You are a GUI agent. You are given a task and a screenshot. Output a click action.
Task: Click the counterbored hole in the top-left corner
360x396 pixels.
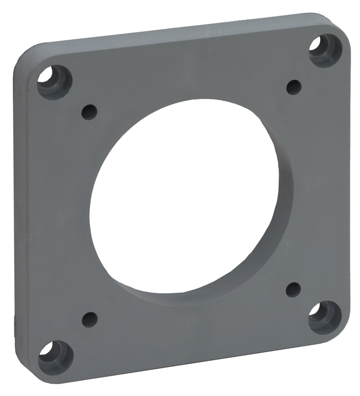click(55, 82)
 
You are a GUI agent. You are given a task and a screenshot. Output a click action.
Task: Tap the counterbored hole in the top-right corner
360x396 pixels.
click(325, 50)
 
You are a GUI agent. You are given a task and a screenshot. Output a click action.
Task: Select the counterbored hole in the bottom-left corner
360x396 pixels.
click(55, 357)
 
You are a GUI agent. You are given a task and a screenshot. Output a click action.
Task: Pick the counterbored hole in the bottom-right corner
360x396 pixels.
click(325, 317)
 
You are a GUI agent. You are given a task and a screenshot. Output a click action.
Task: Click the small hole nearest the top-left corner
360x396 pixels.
click(89, 112)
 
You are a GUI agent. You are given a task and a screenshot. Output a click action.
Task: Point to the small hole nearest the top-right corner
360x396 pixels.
click(294, 87)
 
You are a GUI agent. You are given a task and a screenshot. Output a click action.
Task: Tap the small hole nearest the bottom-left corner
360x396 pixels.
click(90, 319)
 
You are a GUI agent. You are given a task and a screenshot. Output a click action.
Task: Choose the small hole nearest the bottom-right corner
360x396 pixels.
click(293, 289)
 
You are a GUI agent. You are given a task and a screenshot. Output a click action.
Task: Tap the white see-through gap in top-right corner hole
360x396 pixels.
click(315, 44)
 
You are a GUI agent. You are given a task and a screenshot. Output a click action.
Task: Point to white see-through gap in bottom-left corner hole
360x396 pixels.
click(46, 349)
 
